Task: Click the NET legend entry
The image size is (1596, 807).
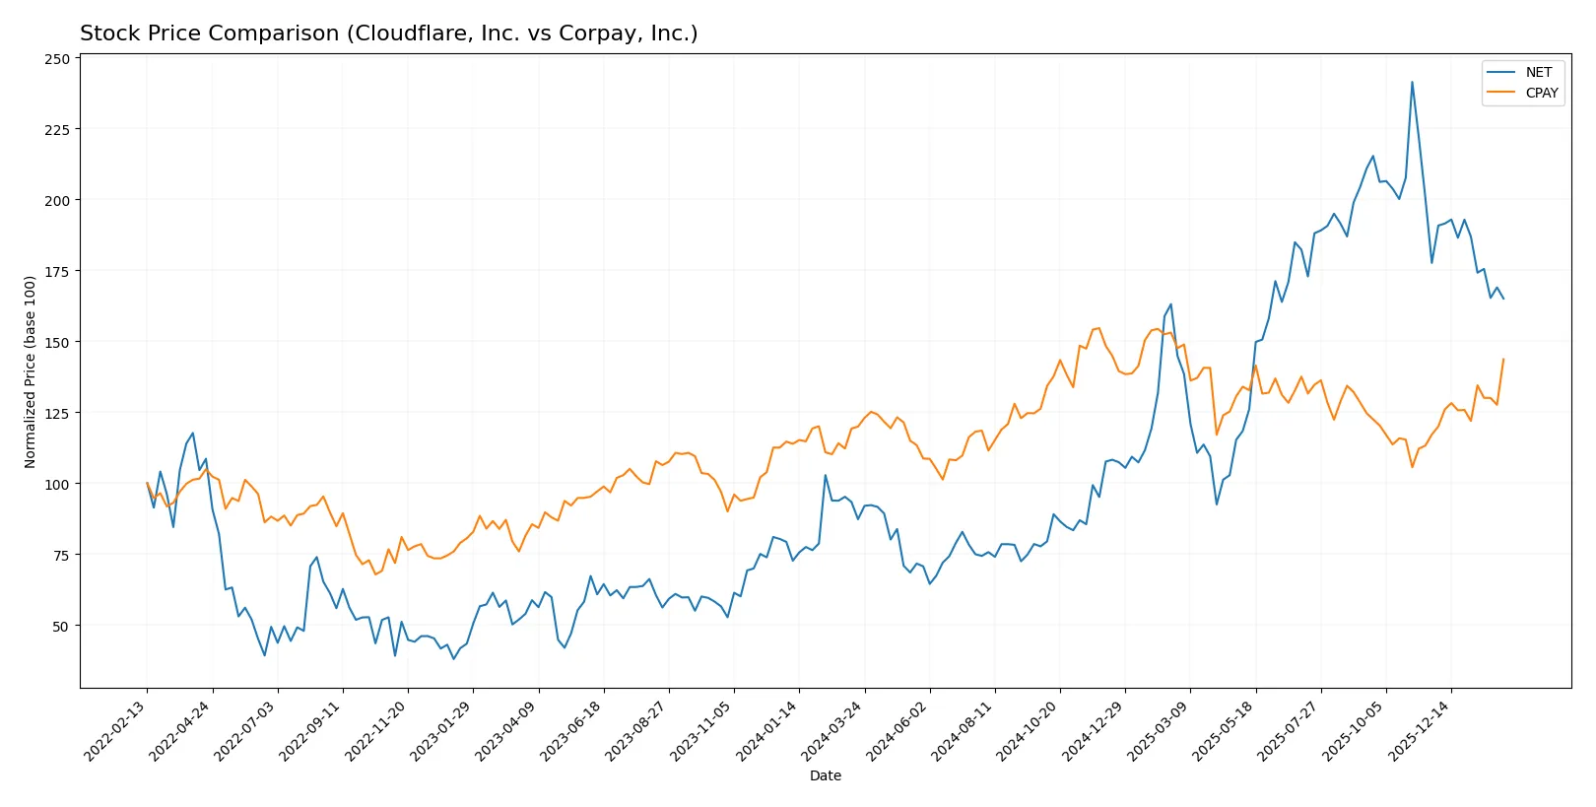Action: (1538, 72)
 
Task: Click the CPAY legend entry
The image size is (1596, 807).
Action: (1541, 93)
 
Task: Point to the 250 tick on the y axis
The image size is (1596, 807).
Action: (57, 59)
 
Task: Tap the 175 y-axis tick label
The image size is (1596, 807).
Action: (57, 271)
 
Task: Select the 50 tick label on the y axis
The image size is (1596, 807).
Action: (61, 626)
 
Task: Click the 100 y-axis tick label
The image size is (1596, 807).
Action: (57, 484)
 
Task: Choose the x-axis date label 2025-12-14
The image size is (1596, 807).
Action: (1422, 730)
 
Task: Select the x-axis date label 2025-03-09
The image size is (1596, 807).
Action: (1161, 730)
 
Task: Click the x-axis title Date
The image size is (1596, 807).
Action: (825, 775)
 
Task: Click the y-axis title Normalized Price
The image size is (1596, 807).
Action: (31, 371)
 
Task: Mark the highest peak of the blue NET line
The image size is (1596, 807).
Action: (1412, 82)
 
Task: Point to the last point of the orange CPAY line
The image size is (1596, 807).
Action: (1503, 360)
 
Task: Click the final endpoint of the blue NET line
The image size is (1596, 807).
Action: (1503, 298)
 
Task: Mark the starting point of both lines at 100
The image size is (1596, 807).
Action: (147, 484)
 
